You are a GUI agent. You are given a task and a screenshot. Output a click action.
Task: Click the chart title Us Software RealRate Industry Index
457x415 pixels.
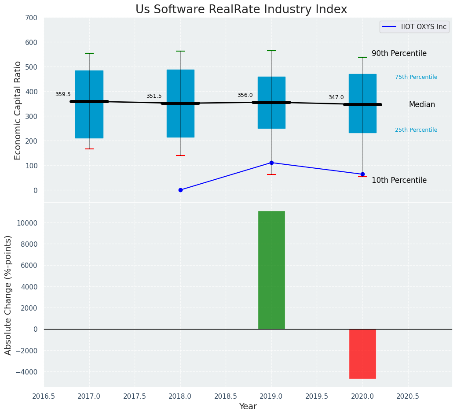pos(241,10)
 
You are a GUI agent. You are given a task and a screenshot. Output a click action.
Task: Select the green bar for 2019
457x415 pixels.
pos(271,270)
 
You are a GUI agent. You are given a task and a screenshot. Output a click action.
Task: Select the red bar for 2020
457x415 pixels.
pos(362,354)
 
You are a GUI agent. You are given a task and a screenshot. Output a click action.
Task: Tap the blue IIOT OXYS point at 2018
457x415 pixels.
pos(180,190)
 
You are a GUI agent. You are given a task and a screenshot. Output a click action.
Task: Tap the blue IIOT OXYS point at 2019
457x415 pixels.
pos(271,163)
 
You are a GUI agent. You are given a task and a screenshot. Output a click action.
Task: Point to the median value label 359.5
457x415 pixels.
pos(63,94)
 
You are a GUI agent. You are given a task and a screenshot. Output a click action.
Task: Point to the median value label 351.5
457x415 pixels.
pos(154,96)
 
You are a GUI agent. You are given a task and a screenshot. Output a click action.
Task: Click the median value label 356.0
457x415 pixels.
pos(245,95)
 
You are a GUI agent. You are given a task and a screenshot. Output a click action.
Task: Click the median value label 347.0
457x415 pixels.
pos(336,97)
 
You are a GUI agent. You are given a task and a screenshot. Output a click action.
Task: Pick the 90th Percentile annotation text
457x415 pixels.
pos(399,53)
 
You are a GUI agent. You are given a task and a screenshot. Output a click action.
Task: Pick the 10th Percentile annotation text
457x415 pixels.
pos(399,180)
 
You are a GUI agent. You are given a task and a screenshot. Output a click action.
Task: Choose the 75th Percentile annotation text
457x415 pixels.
pos(416,77)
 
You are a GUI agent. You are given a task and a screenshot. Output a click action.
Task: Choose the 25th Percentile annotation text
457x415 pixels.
pos(416,130)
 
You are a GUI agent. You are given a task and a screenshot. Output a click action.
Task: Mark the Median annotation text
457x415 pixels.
pos(422,105)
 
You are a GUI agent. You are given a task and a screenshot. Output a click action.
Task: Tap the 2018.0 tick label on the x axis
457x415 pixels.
pos(180,396)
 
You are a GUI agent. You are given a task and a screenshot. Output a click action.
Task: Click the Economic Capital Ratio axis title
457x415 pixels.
pos(18,110)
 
